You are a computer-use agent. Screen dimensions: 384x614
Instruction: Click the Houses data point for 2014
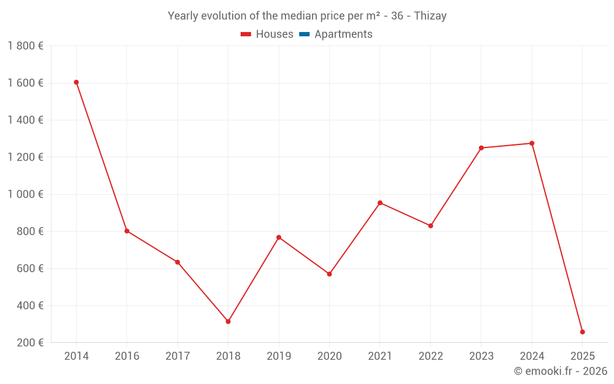tap(76, 82)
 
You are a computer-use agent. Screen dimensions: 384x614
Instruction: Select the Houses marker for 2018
tap(228, 321)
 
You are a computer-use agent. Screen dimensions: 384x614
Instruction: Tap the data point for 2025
tap(582, 332)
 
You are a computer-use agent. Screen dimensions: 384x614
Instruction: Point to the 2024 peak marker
tap(532, 143)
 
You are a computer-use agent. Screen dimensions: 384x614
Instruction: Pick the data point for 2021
tap(380, 203)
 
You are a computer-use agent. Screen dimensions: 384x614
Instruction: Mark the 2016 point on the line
tap(126, 231)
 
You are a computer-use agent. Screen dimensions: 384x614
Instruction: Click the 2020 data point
tap(329, 274)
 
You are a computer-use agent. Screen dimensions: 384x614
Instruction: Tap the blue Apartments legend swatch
tap(304, 34)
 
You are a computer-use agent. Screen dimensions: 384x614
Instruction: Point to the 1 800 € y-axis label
tap(25, 46)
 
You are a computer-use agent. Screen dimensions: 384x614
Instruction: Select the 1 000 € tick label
tap(25, 194)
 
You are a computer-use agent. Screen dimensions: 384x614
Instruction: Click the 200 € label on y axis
tap(29, 343)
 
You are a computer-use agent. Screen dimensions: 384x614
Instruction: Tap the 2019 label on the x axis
tap(279, 356)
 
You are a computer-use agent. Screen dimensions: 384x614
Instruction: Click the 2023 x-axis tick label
tap(481, 356)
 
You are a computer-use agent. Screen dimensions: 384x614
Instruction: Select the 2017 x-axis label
tap(177, 356)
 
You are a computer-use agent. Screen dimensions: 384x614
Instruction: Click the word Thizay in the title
tap(430, 16)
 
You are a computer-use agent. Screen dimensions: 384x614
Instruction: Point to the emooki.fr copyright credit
tap(561, 371)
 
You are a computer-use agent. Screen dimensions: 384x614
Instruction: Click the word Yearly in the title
tap(182, 16)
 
